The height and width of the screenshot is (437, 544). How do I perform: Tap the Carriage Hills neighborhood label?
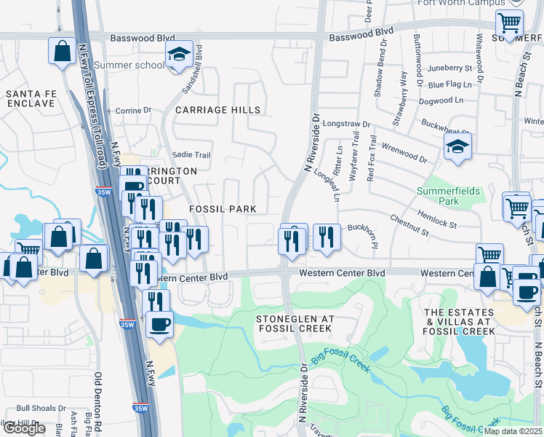tap(218, 110)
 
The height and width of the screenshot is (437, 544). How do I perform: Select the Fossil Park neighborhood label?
tap(223, 209)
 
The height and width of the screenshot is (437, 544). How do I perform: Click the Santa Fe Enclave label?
tap(30, 98)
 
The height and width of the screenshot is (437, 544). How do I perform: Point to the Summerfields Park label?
tap(449, 195)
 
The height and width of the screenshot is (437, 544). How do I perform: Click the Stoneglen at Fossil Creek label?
tap(295, 324)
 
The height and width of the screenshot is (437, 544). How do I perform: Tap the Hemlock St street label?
tap(436, 219)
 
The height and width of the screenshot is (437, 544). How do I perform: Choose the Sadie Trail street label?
tap(191, 155)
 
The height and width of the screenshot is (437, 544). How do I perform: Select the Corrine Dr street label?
tap(133, 111)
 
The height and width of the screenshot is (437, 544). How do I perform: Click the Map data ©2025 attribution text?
tap(512, 431)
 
